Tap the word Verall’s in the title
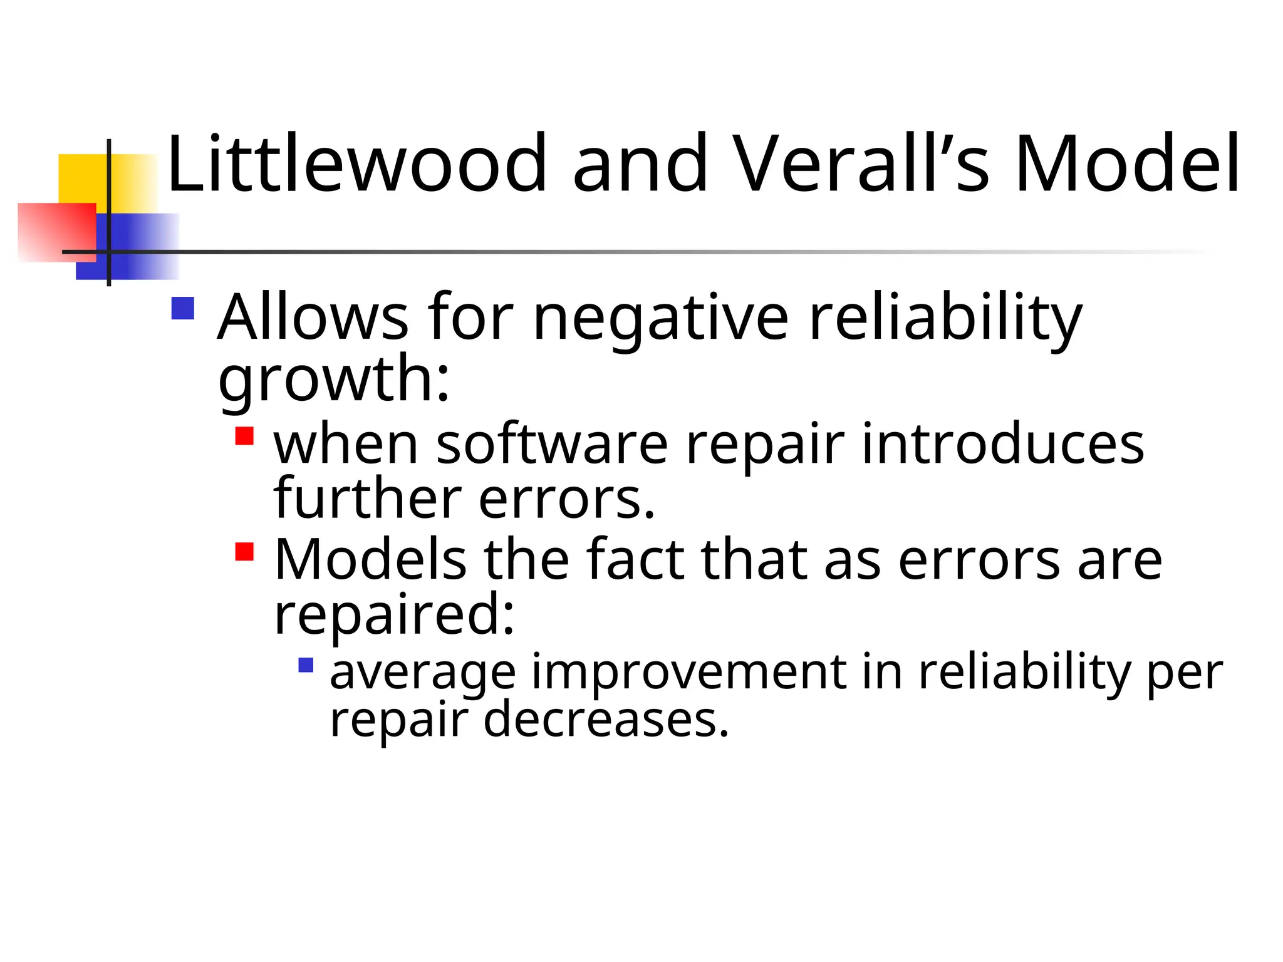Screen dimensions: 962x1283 [861, 164]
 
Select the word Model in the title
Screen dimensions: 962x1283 [1127, 164]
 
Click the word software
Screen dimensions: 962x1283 [552, 444]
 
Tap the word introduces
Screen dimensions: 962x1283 [1003, 444]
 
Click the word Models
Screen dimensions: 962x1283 [370, 559]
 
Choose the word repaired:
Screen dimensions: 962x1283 [394, 615]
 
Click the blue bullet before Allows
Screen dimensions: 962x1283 [182, 308]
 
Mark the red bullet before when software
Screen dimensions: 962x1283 [244, 436]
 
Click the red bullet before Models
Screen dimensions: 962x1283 [244, 552]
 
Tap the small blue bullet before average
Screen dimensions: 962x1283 [306, 665]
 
